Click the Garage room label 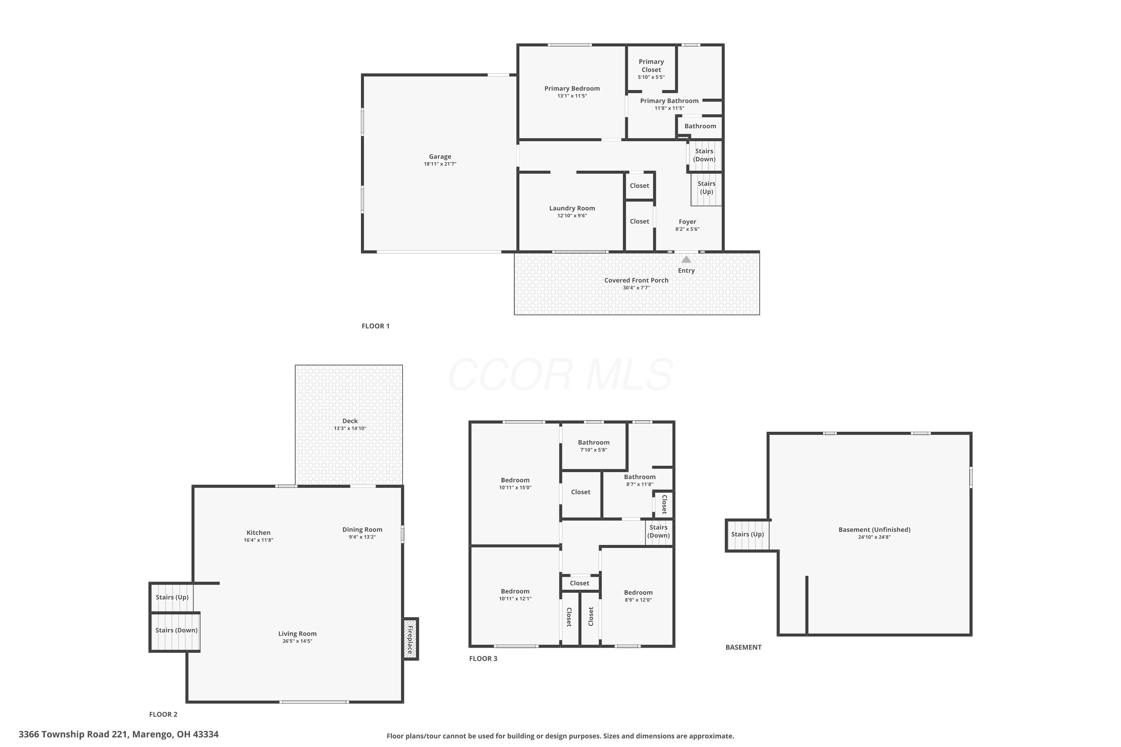click(x=439, y=156)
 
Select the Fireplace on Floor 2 click(x=410, y=639)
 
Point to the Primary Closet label click(x=651, y=66)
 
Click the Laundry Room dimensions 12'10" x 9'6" click(x=572, y=216)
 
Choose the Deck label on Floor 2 click(x=350, y=421)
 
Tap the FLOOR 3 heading click(x=483, y=658)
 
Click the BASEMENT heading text click(x=743, y=647)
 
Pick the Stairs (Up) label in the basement click(x=747, y=534)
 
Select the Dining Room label click(x=362, y=529)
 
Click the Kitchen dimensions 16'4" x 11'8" click(x=258, y=540)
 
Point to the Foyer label click(x=687, y=221)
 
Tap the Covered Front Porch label click(x=636, y=280)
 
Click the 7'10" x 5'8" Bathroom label click(x=593, y=442)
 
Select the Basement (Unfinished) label click(x=874, y=529)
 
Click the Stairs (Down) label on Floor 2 click(x=176, y=630)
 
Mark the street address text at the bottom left click(x=119, y=734)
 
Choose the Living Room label click(x=297, y=633)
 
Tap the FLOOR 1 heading click(x=376, y=326)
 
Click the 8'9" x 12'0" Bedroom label click(x=638, y=592)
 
